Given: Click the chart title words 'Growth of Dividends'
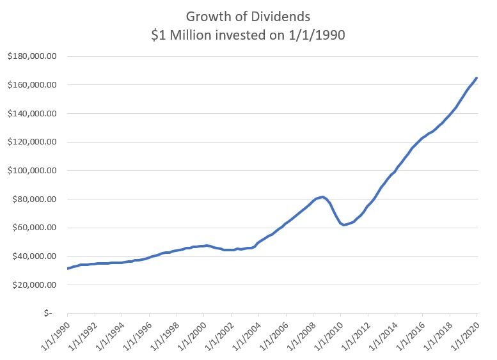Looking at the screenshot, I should point(248,16).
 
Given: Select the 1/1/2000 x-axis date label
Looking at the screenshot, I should point(189,336).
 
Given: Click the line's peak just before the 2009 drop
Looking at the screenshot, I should point(322,197).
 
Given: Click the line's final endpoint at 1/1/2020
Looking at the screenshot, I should point(477,78).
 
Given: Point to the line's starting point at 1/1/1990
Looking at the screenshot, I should point(68,269).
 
